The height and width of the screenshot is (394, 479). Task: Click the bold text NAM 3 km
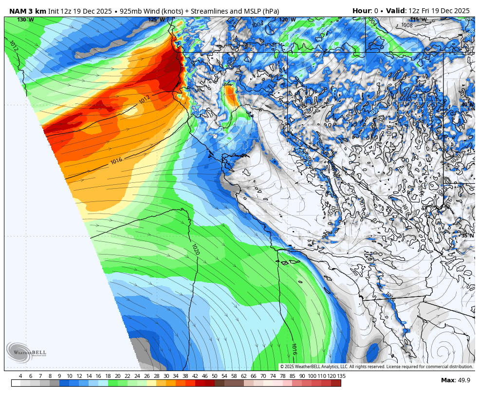(x=27, y=11)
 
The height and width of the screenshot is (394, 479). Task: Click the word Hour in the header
(x=362, y=11)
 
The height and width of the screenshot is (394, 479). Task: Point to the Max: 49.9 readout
(x=455, y=380)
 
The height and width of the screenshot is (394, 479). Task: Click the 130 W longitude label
(x=25, y=20)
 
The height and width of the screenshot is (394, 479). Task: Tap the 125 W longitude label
(x=156, y=20)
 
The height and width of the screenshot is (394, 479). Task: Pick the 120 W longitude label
(x=287, y=20)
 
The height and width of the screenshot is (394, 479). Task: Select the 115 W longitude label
(x=418, y=20)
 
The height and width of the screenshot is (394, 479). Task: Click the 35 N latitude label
(x=467, y=236)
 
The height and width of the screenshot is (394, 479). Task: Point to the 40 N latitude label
(x=467, y=104)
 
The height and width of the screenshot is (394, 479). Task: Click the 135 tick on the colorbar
(x=341, y=376)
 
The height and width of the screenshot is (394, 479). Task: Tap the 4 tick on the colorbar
(x=20, y=376)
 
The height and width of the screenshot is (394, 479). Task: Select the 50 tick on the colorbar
(x=214, y=376)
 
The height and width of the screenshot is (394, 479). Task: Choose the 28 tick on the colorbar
(x=156, y=376)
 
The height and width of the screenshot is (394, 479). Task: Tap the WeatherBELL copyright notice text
(x=376, y=367)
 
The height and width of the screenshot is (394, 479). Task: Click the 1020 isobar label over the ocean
(x=196, y=250)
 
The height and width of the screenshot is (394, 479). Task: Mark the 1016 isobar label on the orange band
(x=116, y=160)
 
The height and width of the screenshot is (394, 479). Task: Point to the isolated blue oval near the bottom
(x=373, y=352)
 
